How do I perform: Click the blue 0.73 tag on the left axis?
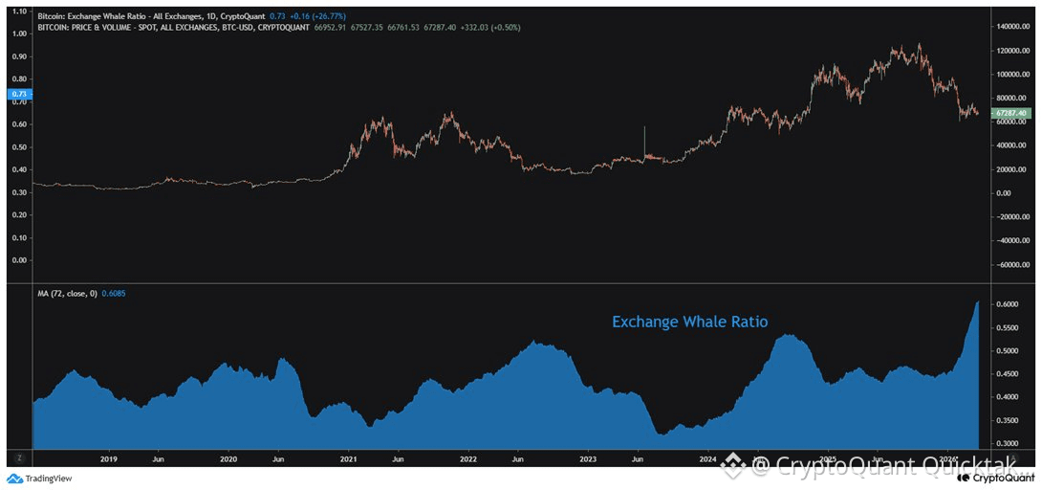(18, 94)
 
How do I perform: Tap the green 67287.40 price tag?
(1010, 113)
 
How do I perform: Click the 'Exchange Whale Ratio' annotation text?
(689, 322)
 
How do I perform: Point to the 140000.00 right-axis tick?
(1014, 26)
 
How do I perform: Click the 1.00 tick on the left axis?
(18, 33)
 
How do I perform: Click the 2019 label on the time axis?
(108, 459)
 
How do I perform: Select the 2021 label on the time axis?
(348, 459)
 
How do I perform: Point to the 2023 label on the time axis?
(588, 459)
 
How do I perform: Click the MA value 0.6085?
(113, 293)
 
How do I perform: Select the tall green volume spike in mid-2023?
(645, 139)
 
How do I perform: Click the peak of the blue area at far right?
(978, 302)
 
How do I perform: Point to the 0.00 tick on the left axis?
(18, 259)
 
